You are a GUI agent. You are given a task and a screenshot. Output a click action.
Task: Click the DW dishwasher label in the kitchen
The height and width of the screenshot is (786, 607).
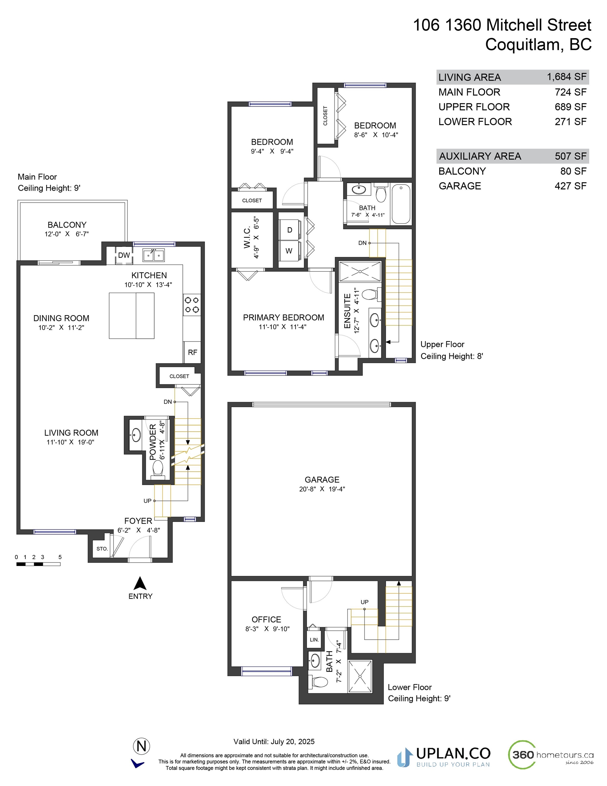point(124,255)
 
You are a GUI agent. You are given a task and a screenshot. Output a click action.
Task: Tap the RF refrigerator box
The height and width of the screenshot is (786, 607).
point(192,352)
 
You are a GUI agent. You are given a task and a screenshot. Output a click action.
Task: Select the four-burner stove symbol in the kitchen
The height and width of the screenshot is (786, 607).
point(192,304)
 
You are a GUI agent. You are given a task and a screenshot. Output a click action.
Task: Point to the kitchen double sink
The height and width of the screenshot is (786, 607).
point(154,255)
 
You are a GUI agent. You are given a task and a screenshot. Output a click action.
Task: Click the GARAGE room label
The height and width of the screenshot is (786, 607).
point(322,480)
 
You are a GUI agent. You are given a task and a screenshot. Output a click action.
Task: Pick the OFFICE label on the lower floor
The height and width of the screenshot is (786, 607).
point(266,620)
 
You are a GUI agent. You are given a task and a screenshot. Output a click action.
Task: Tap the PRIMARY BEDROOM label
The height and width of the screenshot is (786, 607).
point(283,317)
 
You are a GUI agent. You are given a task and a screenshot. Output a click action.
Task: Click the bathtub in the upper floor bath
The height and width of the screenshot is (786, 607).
point(400,204)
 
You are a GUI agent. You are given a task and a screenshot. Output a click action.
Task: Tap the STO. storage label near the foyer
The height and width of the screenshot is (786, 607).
point(102,549)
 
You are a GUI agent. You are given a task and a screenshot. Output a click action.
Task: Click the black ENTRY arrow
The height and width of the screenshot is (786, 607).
point(140,583)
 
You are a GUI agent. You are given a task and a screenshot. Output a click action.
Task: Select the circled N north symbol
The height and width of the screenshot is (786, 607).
point(142,746)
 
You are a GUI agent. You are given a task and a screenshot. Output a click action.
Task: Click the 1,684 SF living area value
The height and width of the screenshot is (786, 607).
point(567,77)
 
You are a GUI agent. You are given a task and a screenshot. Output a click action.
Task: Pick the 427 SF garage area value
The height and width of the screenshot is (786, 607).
point(571,186)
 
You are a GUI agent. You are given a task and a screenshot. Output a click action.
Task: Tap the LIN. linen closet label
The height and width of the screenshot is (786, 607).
point(314,640)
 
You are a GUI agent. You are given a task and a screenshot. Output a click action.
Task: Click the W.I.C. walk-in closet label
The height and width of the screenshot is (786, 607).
point(247,237)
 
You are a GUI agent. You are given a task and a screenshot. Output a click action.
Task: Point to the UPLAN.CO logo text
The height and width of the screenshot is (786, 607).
point(453,753)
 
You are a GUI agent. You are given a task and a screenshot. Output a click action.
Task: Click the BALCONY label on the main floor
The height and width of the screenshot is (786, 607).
point(67,225)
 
